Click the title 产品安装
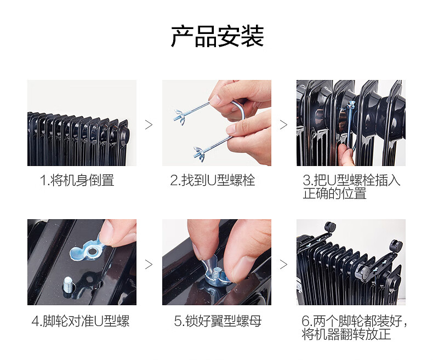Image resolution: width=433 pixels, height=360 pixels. coord(217,36)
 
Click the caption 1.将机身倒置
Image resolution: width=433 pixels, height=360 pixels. coord(77,180)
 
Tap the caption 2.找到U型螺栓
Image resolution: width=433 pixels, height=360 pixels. coord(213,180)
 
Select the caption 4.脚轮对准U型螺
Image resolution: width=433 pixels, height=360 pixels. coord(81,321)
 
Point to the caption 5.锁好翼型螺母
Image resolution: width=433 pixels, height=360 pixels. coord(218,321)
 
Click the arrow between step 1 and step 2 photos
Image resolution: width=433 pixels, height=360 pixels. coord(149,125)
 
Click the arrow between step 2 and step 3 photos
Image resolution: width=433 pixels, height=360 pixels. coord(283,125)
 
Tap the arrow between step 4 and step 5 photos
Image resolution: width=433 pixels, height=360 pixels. coord(149,265)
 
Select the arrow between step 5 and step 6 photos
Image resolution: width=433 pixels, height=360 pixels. coord(283,265)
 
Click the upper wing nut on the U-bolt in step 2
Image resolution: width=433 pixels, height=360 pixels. coord(179,116)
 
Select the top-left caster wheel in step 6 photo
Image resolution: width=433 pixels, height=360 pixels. coord(331,226)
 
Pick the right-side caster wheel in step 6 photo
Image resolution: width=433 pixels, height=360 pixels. coord(395,245)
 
